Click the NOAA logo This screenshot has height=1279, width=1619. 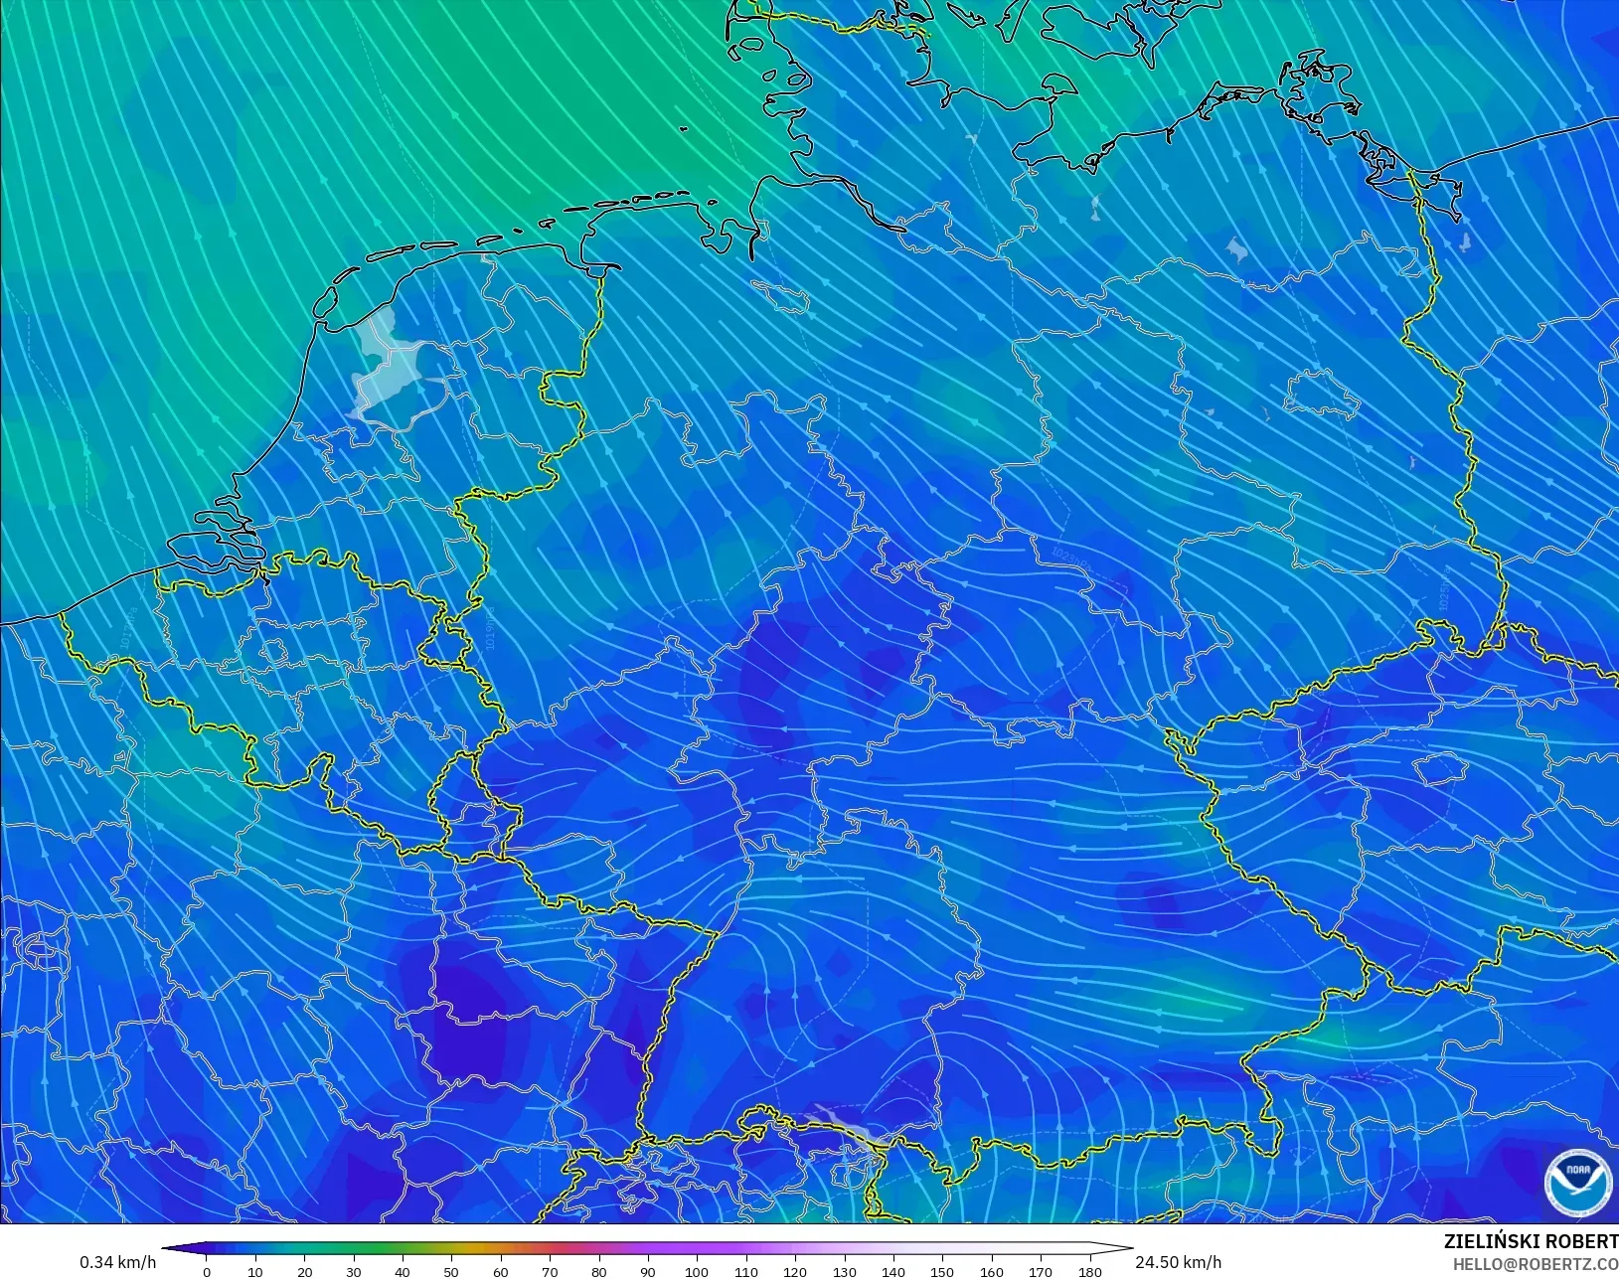click(x=1577, y=1182)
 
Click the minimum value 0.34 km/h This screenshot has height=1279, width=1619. click(x=118, y=1262)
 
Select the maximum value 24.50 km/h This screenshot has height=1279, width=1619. click(x=1178, y=1262)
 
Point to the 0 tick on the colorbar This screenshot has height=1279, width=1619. click(x=207, y=1271)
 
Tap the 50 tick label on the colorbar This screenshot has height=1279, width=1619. click(x=451, y=1271)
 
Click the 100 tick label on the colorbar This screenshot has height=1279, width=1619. click(x=697, y=1271)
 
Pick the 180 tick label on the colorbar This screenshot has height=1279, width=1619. click(x=1089, y=1271)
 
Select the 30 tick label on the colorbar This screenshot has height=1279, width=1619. click(x=354, y=1271)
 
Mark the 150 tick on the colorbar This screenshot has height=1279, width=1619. click(x=942, y=1271)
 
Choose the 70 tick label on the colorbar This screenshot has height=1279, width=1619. click(x=550, y=1271)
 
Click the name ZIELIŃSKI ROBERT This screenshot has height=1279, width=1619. click(x=1531, y=1242)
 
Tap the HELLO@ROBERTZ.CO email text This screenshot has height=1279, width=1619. click(x=1536, y=1264)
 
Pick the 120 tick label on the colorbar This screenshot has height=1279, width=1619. click(x=794, y=1271)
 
